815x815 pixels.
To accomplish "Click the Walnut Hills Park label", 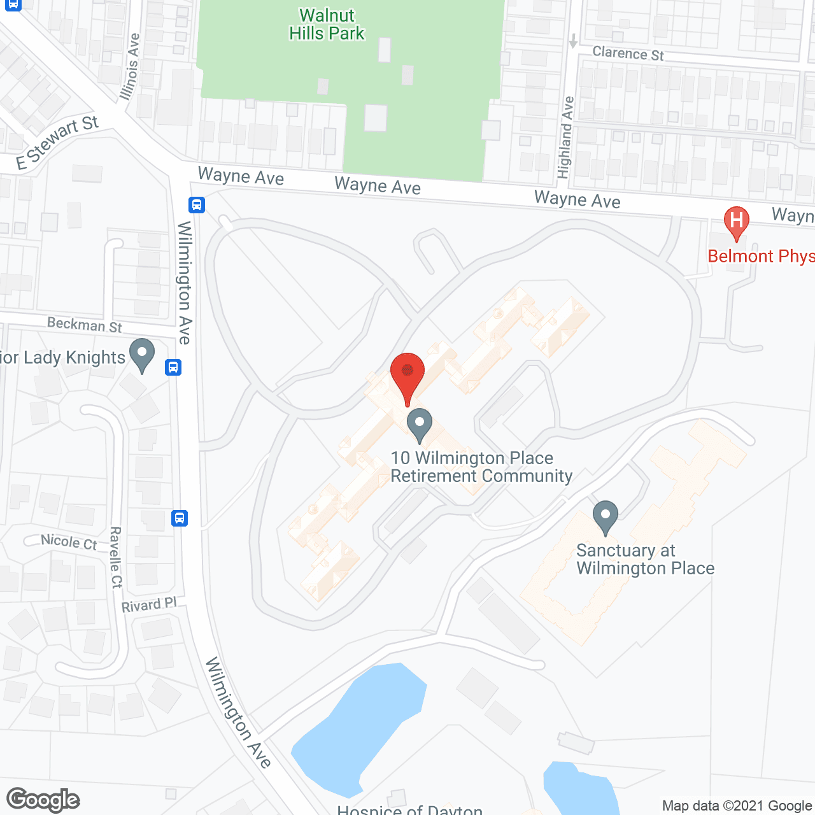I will point(327,24).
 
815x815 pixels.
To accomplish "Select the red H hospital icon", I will point(736,222).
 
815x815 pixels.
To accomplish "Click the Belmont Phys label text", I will point(760,256).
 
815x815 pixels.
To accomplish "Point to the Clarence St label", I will point(628,53).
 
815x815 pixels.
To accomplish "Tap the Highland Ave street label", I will point(565,137).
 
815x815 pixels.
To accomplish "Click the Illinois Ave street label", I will point(130,66).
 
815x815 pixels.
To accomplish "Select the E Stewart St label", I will point(57,143).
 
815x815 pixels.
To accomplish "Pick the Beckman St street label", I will point(85,325).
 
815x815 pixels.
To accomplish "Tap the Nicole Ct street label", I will point(69,542).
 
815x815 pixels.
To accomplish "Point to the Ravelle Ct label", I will point(116,557).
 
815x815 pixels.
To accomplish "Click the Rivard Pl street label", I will point(148,604).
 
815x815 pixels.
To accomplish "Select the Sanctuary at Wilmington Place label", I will point(644,559).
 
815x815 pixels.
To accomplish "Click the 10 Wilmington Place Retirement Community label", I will point(481,467).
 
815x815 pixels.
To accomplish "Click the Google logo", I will point(43,800).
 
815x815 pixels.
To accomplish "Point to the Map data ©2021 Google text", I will point(737,805).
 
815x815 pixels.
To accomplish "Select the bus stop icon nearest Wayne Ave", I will point(196,205).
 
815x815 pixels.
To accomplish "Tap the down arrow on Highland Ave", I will point(573,41).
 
